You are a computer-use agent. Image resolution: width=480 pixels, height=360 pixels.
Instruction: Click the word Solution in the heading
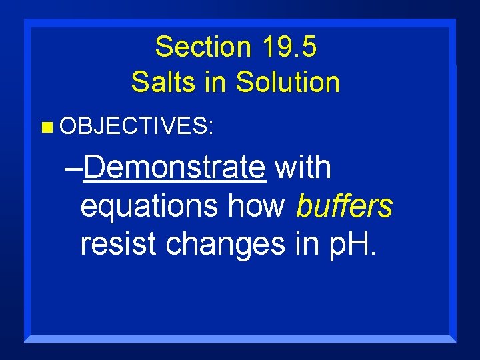click(289, 83)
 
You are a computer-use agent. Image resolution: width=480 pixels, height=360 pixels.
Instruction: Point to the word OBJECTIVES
click(133, 127)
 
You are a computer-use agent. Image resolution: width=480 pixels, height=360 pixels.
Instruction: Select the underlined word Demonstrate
click(175, 167)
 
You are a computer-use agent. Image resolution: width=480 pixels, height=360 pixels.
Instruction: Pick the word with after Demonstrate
click(303, 167)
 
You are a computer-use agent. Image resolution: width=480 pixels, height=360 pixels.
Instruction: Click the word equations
click(151, 207)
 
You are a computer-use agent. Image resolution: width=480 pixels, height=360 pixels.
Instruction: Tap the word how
click(256, 207)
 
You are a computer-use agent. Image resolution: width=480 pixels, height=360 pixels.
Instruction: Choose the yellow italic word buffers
click(345, 207)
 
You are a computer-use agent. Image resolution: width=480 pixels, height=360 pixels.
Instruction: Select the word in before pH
click(302, 245)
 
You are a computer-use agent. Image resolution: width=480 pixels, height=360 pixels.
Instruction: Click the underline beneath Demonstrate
click(175, 181)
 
